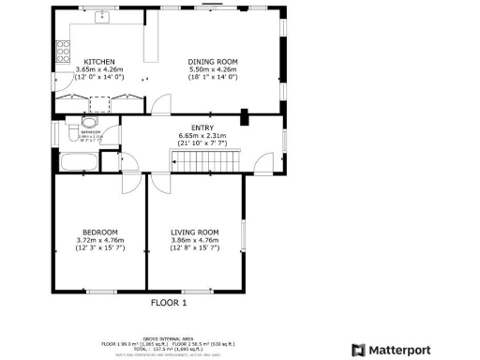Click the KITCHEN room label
pos(98,60)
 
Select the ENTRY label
pos(202,127)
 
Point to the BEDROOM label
pos(100,232)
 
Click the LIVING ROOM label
pos(194,232)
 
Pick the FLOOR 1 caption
pos(170,303)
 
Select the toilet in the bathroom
pos(89,122)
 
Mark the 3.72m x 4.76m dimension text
pos(100,240)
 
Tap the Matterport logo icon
pos(358,350)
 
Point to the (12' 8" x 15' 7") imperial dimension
pos(194,247)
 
